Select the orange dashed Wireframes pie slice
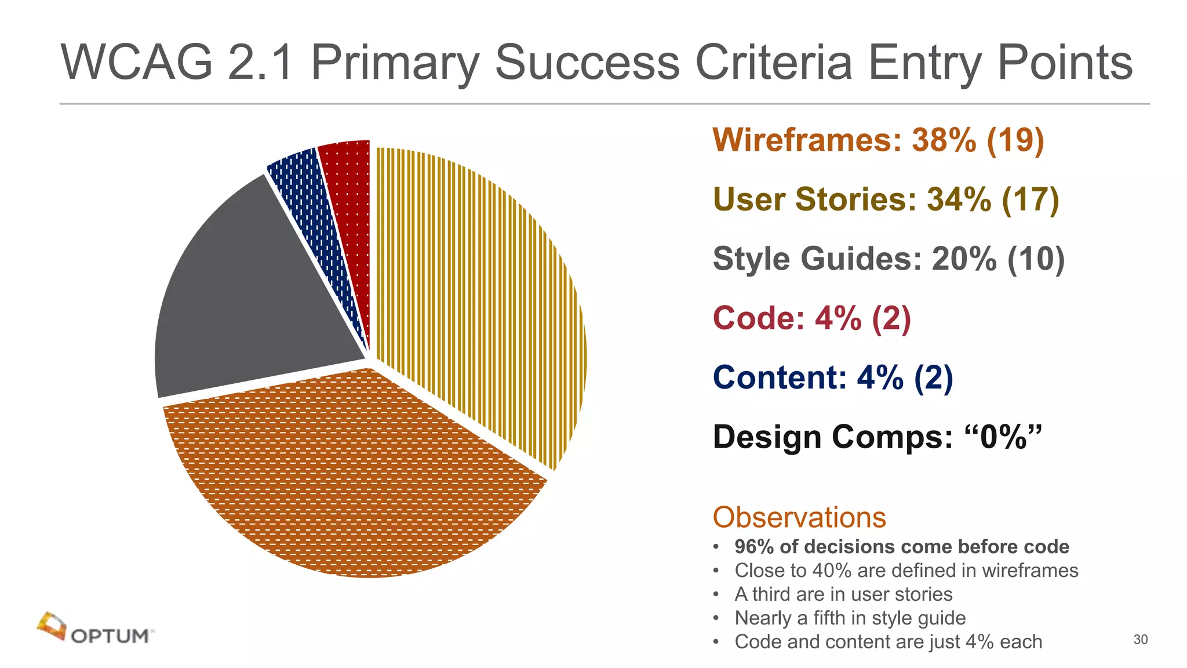tap(354, 475)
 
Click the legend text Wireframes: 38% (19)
tap(878, 140)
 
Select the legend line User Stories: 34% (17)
tap(886, 199)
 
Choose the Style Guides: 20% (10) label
tap(889, 259)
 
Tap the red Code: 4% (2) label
tap(811, 318)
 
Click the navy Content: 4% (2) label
tap(832, 377)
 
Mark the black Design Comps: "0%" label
tap(877, 437)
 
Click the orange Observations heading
tap(799, 517)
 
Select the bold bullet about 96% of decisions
tap(901, 547)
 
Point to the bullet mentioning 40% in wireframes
tap(906, 571)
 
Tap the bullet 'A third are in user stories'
tap(843, 594)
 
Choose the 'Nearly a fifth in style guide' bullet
tap(850, 618)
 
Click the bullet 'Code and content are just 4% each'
tap(888, 642)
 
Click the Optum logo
tap(96, 629)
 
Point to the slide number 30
tap(1140, 640)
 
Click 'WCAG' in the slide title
tap(137, 62)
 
